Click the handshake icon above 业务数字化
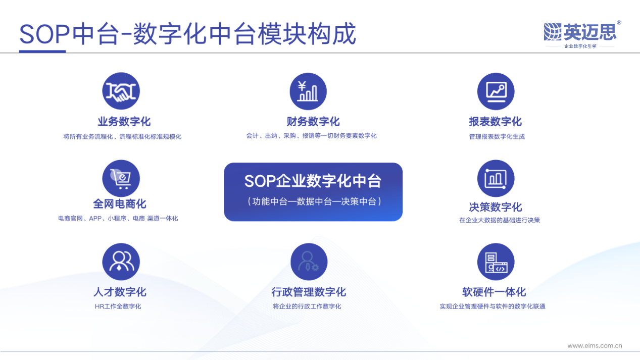click(x=121, y=91)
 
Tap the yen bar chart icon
click(x=308, y=91)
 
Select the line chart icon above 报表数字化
click(x=496, y=91)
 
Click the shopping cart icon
click(x=121, y=179)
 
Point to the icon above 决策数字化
click(x=496, y=179)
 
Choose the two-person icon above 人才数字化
click(x=121, y=262)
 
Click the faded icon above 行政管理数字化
click(x=309, y=262)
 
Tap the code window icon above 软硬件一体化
click(x=496, y=262)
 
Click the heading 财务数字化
click(x=313, y=122)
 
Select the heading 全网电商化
click(x=120, y=204)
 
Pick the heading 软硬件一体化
click(x=494, y=292)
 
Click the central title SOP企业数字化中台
click(x=313, y=181)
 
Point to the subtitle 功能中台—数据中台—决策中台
click(x=313, y=201)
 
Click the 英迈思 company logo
click(x=581, y=33)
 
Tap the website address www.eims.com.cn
click(x=595, y=346)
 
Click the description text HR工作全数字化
click(x=118, y=306)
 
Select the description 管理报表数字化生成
click(x=497, y=137)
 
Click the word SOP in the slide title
click(x=44, y=35)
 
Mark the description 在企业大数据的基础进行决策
click(x=499, y=220)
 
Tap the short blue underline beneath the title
click(x=42, y=51)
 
